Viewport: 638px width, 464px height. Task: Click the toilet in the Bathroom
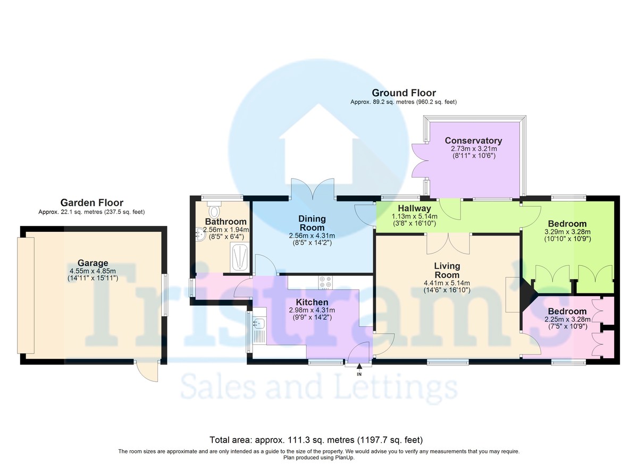click(214, 209)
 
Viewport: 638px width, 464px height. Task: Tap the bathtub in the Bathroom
click(240, 257)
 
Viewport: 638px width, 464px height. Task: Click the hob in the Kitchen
click(325, 282)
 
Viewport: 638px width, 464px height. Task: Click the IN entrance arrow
click(359, 366)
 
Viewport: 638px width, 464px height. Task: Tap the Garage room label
click(93, 263)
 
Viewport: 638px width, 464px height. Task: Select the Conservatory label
click(473, 141)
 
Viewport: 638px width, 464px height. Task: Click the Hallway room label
click(414, 208)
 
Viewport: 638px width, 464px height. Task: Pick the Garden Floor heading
click(91, 203)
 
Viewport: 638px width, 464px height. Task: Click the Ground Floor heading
click(404, 93)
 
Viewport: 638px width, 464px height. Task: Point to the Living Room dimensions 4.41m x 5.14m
click(447, 283)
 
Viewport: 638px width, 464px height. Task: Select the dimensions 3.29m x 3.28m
click(567, 232)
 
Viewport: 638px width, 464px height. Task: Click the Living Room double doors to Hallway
click(448, 243)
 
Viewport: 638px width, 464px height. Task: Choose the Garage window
click(165, 294)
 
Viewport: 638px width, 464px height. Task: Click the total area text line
click(316, 440)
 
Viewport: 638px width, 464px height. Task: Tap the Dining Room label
click(312, 223)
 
